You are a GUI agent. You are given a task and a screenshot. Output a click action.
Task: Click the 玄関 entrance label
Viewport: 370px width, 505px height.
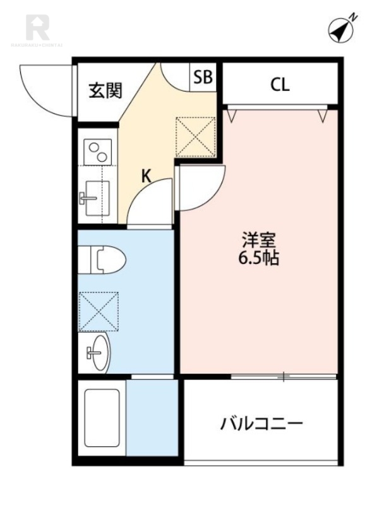point(105,91)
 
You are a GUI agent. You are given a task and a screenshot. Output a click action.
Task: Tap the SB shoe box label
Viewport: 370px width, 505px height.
point(203,77)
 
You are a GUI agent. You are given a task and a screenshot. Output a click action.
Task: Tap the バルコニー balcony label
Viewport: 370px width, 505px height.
point(262,422)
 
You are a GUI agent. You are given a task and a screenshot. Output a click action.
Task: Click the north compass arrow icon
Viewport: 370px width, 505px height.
point(340,29)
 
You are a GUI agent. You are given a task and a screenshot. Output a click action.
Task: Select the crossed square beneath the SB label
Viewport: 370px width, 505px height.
point(196,136)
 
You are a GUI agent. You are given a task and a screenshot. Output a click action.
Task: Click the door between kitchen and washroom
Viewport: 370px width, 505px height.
point(152,202)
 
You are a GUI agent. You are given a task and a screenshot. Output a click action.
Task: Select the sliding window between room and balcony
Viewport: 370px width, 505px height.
point(284,377)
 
